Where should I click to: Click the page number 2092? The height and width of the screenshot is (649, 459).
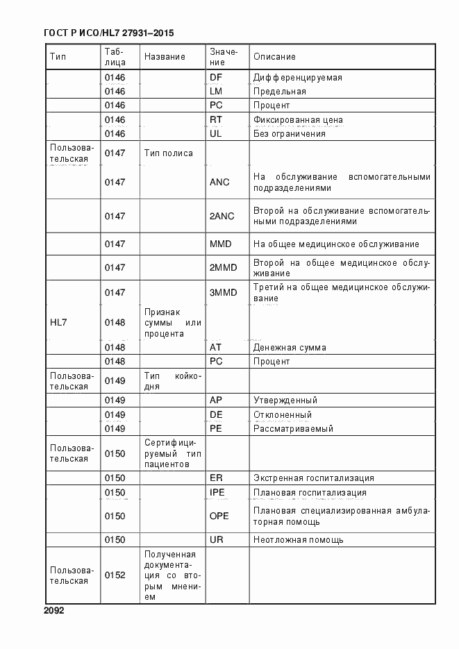pyautogui.click(x=53, y=611)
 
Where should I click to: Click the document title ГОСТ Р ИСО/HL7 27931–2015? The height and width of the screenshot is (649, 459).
pyautogui.click(x=108, y=33)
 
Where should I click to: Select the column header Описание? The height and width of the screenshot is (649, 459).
pyautogui.click(x=274, y=56)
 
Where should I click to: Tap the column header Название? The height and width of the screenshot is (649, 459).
pyautogui.click(x=165, y=56)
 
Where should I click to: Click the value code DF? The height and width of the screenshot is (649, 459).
pyautogui.click(x=216, y=77)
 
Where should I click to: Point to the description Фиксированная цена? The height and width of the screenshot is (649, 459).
pyautogui.click(x=298, y=119)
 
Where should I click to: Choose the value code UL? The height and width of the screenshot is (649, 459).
pyautogui.click(x=216, y=133)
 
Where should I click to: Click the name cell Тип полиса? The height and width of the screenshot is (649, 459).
pyautogui.click(x=168, y=153)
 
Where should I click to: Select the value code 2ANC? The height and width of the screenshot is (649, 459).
pyautogui.click(x=222, y=216)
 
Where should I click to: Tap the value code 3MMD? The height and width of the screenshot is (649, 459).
pyautogui.click(x=223, y=292)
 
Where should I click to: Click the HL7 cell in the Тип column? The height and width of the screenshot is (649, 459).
pyautogui.click(x=58, y=323)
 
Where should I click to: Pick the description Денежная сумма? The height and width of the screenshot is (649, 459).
pyautogui.click(x=290, y=347)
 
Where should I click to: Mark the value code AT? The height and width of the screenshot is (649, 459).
pyautogui.click(x=216, y=347)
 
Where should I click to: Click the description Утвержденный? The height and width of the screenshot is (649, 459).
pyautogui.click(x=285, y=401)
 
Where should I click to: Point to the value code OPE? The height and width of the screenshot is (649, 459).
pyautogui.click(x=219, y=516)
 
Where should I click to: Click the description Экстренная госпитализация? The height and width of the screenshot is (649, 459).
pyautogui.click(x=314, y=478)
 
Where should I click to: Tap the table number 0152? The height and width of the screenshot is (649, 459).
pyautogui.click(x=115, y=575)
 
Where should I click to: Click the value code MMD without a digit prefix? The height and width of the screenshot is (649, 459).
pyautogui.click(x=220, y=244)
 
